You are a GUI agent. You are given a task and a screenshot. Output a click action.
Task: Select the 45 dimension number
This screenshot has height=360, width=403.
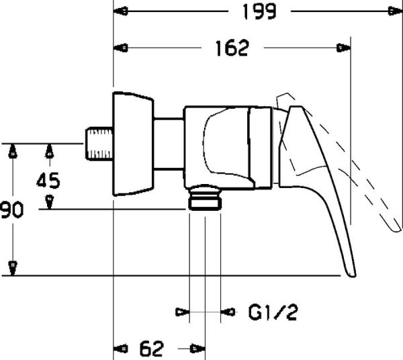point(48,180)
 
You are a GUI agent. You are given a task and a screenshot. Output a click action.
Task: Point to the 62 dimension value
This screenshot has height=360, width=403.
point(152,348)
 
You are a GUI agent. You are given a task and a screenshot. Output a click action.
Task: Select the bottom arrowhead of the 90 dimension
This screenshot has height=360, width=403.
point(12,268)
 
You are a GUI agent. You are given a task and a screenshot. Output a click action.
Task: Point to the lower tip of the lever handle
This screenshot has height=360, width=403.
point(351,272)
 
